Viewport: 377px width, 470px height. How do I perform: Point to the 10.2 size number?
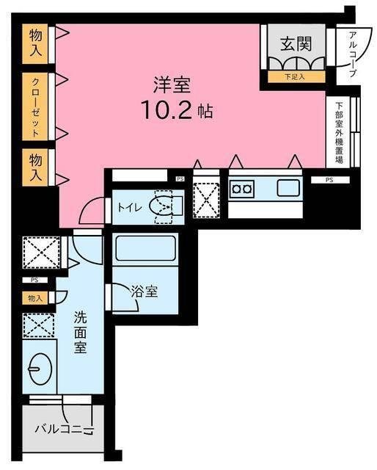point(168,109)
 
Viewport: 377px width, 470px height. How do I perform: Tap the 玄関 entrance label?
point(296,43)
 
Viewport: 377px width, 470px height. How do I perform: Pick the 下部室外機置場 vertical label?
point(339,132)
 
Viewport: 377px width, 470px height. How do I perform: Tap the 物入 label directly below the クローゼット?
point(34,168)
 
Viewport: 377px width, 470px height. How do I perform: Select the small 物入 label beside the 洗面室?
point(34,298)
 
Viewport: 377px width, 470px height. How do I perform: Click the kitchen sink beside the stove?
point(288,188)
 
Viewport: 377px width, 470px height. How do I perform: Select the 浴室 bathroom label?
point(144,291)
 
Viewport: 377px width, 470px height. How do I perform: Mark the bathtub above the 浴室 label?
point(145,248)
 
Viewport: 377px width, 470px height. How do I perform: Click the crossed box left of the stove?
point(206,195)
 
